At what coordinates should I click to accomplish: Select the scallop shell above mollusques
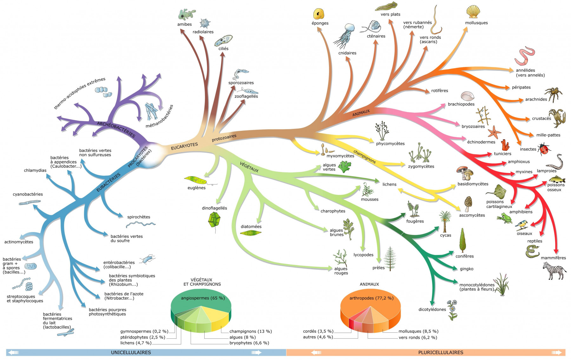(473, 12)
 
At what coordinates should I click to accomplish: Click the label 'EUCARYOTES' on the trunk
(184, 146)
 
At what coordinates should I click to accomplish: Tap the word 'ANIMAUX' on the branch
(361, 113)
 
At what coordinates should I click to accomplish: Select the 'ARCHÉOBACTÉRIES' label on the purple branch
(116, 129)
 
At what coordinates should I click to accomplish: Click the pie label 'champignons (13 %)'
(251, 331)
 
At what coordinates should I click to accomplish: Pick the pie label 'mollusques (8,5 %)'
(418, 331)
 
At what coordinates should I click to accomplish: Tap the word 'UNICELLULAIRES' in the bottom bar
(131, 352)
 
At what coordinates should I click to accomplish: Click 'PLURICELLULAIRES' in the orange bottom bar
(441, 352)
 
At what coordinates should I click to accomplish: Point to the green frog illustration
(504, 218)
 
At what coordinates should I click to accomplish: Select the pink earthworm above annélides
(525, 56)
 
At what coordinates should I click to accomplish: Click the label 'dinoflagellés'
(214, 208)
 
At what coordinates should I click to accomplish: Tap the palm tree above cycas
(445, 221)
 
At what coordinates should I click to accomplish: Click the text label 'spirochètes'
(139, 217)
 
